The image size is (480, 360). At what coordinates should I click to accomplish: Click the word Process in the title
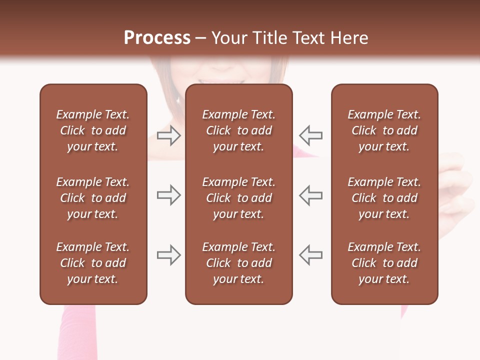point(157,38)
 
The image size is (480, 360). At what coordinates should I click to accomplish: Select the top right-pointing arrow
point(169,135)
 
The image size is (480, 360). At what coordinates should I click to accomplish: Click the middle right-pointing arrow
point(169,195)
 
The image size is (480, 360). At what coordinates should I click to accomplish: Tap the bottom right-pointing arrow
point(169,255)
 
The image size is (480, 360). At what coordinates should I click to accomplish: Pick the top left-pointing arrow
point(310,135)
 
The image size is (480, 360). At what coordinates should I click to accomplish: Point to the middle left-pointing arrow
point(310,195)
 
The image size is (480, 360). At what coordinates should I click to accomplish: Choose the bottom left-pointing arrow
point(310,255)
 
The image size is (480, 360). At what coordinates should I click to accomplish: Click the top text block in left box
point(93,130)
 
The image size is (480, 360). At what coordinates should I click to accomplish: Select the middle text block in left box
point(93,198)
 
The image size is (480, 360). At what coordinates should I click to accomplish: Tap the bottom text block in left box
point(93,263)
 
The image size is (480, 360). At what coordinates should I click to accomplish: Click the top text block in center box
point(238,130)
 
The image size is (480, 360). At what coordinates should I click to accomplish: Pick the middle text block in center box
point(238,198)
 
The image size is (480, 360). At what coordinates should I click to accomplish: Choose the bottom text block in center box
point(238,263)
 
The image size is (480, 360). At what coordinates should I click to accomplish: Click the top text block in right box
point(384,130)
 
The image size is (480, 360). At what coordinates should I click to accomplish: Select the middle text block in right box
point(384,198)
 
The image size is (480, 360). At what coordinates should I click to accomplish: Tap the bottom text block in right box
point(384,263)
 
